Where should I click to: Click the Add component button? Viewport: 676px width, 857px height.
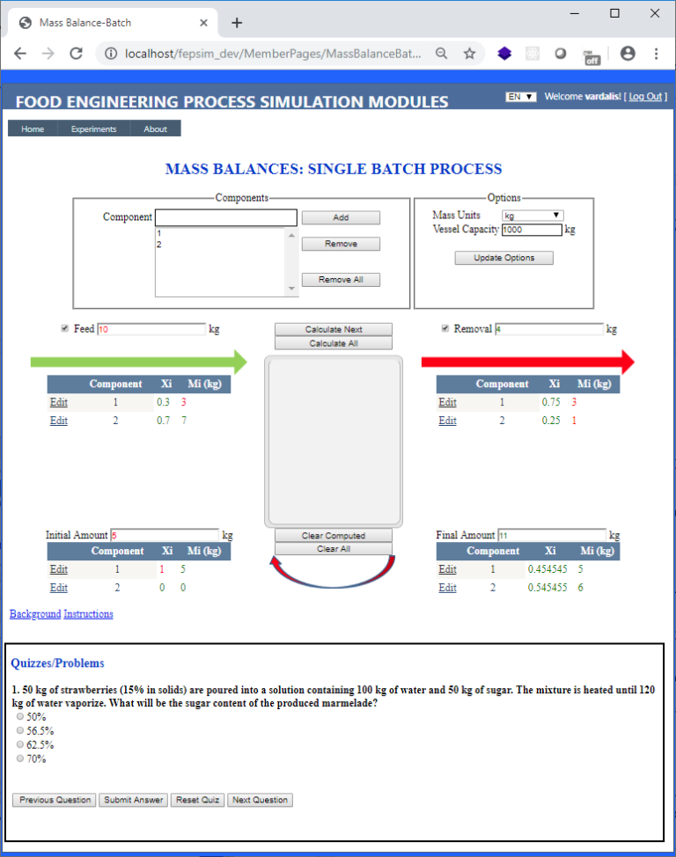[341, 217]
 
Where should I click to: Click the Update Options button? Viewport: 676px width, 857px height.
[504, 258]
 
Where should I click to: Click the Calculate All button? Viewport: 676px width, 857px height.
[334, 343]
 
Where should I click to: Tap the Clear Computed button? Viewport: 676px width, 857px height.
[334, 536]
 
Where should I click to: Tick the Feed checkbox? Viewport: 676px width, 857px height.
[64, 329]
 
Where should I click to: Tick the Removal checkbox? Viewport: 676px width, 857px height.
[445, 329]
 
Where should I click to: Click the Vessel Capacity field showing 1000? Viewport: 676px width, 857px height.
[532, 231]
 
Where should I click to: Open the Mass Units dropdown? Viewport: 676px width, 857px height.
[533, 216]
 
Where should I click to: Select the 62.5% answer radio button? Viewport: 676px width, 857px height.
[20, 744]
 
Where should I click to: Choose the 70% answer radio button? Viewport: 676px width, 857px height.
[20, 758]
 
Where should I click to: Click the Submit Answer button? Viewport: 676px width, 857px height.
[133, 800]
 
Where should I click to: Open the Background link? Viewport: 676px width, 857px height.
[35, 614]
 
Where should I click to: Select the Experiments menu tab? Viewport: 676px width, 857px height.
[94, 129]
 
